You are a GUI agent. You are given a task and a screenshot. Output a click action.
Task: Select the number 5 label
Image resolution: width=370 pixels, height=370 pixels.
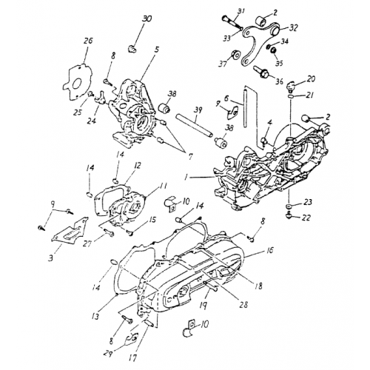tap(156, 49)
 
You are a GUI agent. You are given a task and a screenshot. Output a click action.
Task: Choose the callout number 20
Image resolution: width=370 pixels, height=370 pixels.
tap(312, 78)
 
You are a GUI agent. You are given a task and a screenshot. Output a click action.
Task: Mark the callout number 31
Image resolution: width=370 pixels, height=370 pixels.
tap(239, 10)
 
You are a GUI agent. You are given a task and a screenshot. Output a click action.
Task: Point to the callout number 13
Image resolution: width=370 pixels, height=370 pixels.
tap(96, 316)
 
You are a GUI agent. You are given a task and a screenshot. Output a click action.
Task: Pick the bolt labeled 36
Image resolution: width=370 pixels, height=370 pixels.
tap(262, 72)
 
